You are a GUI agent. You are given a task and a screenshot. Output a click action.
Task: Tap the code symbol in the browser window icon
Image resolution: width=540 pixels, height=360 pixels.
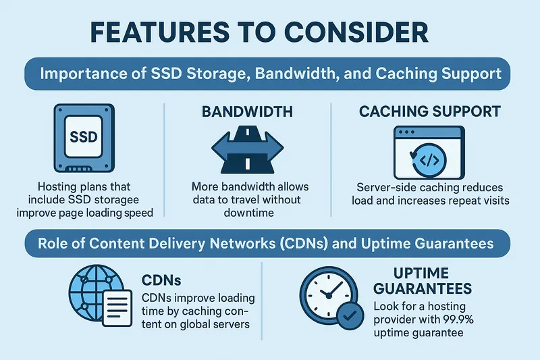tap(429, 161)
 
